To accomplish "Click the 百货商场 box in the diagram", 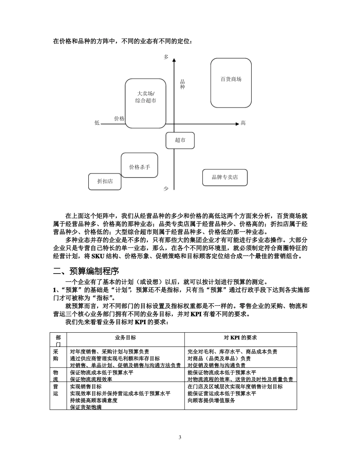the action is [x=231, y=83].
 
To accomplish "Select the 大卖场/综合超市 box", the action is [x=146, y=103].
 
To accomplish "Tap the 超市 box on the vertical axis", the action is [x=180, y=140].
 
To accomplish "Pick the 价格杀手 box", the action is [x=139, y=167].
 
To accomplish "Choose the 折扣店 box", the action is [x=105, y=181].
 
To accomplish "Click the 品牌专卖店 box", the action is [x=225, y=177].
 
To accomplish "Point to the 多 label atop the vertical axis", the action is [x=166, y=57].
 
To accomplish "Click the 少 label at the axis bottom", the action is [x=166, y=188].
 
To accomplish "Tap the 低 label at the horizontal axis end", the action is [x=97, y=123].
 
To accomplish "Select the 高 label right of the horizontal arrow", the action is [x=243, y=123].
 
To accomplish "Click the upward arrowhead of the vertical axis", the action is [x=174, y=60].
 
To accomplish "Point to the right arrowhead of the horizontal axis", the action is [x=237, y=124].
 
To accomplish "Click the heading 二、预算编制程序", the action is [x=86, y=271].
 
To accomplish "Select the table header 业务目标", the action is [x=125, y=338].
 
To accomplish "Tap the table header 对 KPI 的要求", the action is [x=240, y=338].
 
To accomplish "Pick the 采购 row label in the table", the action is [x=56, y=355].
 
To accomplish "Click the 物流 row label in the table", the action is [x=56, y=376].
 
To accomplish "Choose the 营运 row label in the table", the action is [x=56, y=390].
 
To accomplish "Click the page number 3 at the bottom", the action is [x=180, y=437].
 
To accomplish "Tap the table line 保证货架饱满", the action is [x=86, y=407].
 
